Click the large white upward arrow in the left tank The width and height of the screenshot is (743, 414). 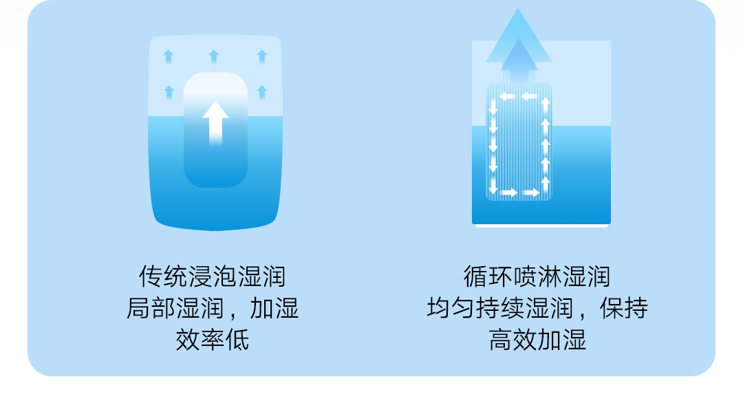pos(215,122)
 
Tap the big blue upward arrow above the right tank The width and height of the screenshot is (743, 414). pos(519,41)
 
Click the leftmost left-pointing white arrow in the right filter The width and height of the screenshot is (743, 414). pos(506,96)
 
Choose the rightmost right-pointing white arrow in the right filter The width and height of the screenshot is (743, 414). pos(530,193)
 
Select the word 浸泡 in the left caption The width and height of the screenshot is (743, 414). pos(212,276)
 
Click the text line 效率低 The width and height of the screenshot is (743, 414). pos(212,340)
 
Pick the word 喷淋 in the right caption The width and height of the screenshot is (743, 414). pos(537,276)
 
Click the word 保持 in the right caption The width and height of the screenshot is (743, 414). pos(623,308)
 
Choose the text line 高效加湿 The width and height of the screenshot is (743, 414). pos(537,340)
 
